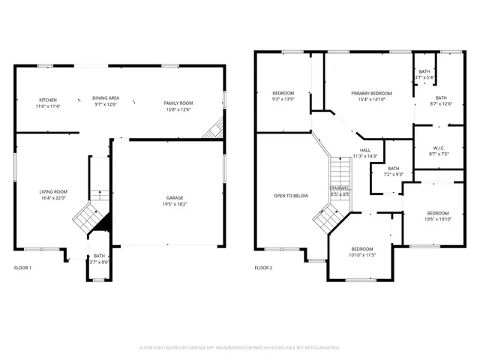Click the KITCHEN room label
(48, 100)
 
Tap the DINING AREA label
(106, 98)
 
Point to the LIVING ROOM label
(53, 192)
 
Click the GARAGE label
(175, 197)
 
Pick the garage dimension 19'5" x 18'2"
(175, 204)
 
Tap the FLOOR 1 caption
(23, 268)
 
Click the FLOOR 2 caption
(263, 268)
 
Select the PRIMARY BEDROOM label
(368, 92)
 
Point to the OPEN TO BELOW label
(290, 196)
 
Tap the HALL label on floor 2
(364, 150)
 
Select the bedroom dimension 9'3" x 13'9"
(283, 99)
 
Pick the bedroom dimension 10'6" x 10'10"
(437, 219)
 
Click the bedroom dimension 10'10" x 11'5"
(362, 256)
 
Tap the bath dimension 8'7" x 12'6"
(440, 103)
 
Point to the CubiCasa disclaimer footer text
(240, 347)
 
